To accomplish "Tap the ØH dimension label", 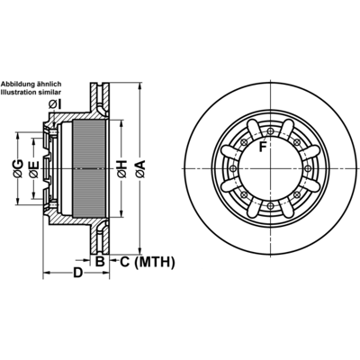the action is pos(122,169).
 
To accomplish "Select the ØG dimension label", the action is pos(18,169).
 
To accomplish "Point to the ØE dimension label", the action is pos(34,169).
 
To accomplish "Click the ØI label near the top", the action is pos(55,104).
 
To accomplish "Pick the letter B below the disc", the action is pos(100,262).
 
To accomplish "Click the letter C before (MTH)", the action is pos(125,262).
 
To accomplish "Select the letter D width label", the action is pos(77,273).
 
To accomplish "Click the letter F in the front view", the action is pos(263,147).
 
